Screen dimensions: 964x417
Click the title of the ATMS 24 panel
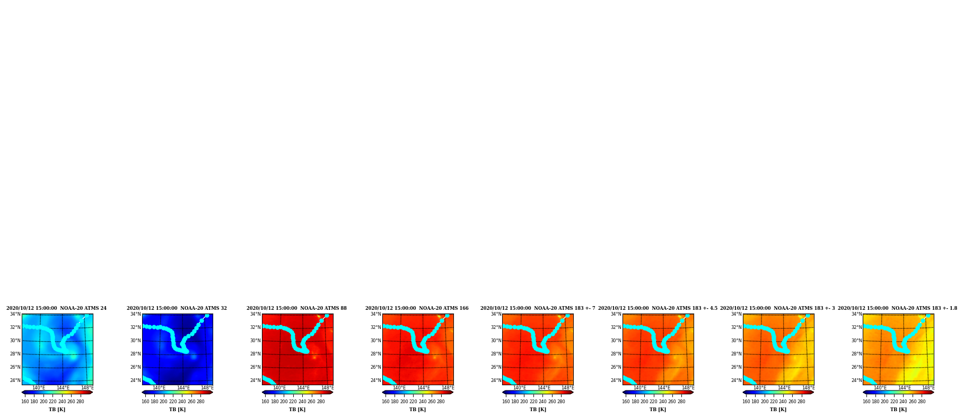click(x=56, y=308)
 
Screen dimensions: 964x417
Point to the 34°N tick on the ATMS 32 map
click(x=136, y=314)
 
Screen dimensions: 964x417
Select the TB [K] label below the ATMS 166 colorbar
click(x=417, y=410)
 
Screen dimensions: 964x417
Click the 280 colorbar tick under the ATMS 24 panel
click(x=80, y=402)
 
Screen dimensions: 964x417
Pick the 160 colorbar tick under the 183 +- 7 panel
click(x=506, y=402)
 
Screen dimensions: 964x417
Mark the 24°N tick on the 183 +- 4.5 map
click(x=616, y=380)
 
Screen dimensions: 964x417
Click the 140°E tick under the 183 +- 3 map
click(x=760, y=388)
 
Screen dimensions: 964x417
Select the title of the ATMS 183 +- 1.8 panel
click(x=897, y=308)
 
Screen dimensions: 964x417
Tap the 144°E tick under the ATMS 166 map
click(x=424, y=388)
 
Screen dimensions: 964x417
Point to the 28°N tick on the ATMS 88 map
click(x=256, y=354)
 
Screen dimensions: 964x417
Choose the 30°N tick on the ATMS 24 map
click(x=15, y=341)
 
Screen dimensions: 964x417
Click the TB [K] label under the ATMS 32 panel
click(x=177, y=410)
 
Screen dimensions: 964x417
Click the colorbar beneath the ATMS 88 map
click(x=297, y=393)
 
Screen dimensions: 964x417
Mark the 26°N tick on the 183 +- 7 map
click(x=496, y=367)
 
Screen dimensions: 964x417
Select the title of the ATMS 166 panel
click(x=417, y=308)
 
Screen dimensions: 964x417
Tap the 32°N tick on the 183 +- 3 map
click(x=737, y=327)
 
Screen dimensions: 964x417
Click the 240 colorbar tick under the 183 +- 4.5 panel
click(x=663, y=402)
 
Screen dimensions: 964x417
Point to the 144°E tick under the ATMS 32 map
click(x=183, y=388)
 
